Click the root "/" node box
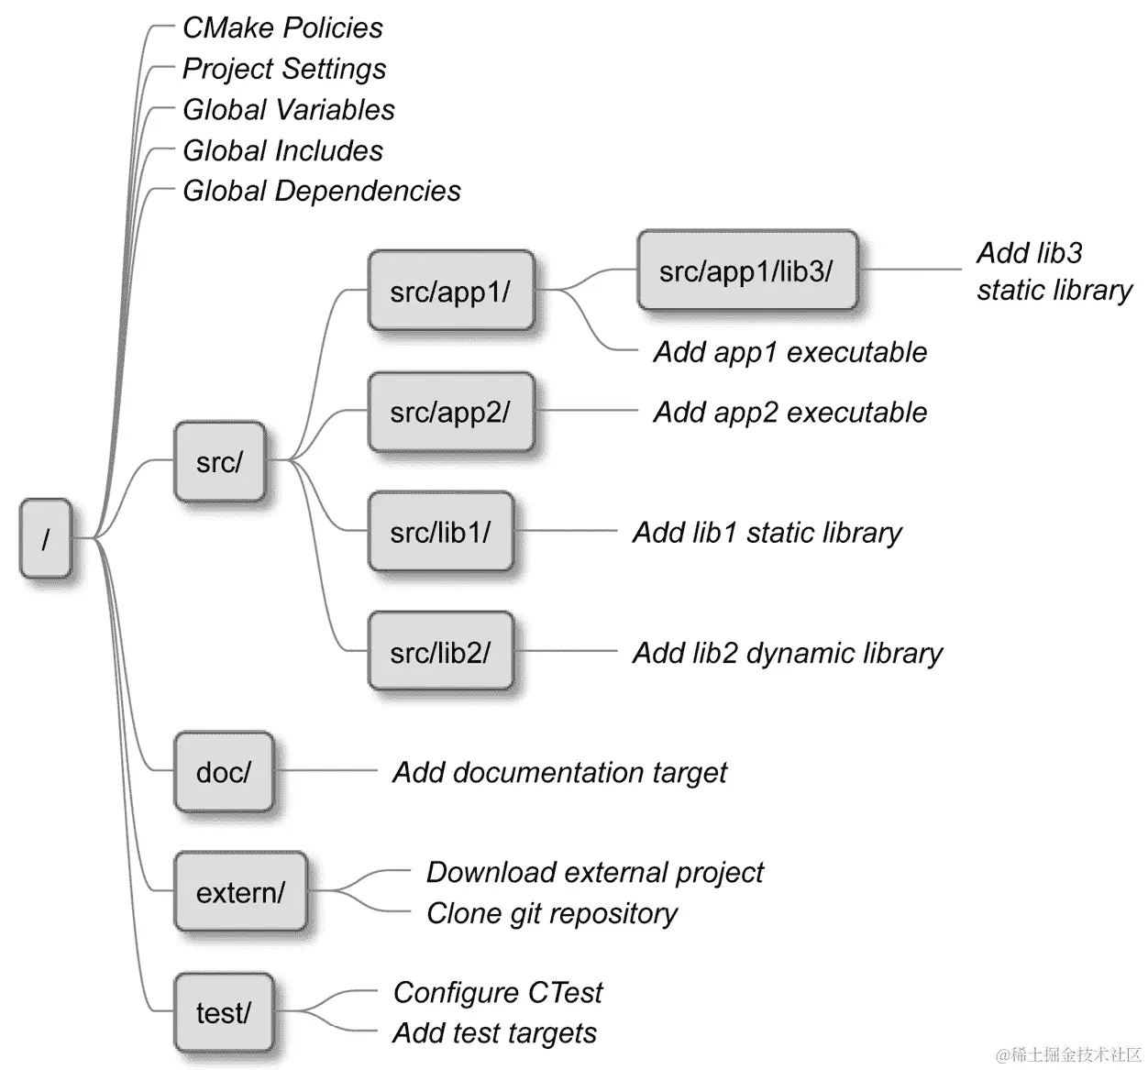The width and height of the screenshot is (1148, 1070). [45, 538]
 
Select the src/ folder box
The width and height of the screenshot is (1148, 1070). [220, 461]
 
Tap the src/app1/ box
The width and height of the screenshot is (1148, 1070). [450, 291]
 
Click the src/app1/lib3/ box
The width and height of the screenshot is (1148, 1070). [746, 270]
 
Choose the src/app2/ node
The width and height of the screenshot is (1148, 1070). [450, 412]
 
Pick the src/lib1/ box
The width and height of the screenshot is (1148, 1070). [440, 532]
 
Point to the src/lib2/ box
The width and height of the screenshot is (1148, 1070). [440, 652]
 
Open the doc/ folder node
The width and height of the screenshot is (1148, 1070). [224, 772]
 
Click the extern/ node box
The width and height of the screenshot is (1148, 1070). [240, 892]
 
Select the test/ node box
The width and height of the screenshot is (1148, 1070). [224, 1012]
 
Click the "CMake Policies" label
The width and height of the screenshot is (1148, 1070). [282, 28]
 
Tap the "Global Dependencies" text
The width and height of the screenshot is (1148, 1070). [321, 191]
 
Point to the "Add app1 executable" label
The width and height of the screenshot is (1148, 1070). [789, 352]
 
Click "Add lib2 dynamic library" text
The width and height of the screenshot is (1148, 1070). [787, 653]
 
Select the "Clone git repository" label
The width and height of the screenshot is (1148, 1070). [551, 913]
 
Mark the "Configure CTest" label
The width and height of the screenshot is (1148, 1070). [498, 992]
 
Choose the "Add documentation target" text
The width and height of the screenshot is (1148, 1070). [559, 772]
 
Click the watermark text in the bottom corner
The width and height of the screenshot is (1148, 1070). [1068, 1053]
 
